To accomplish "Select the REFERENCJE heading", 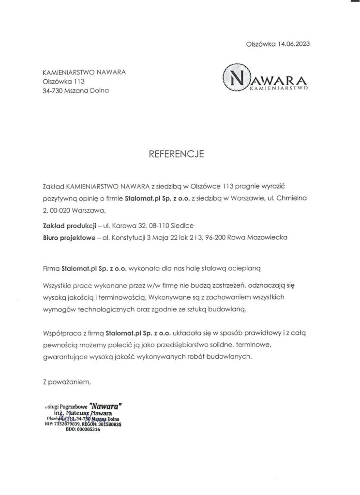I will [180, 155].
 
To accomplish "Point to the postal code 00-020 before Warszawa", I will [63, 210].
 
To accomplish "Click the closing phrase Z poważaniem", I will [67, 382].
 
